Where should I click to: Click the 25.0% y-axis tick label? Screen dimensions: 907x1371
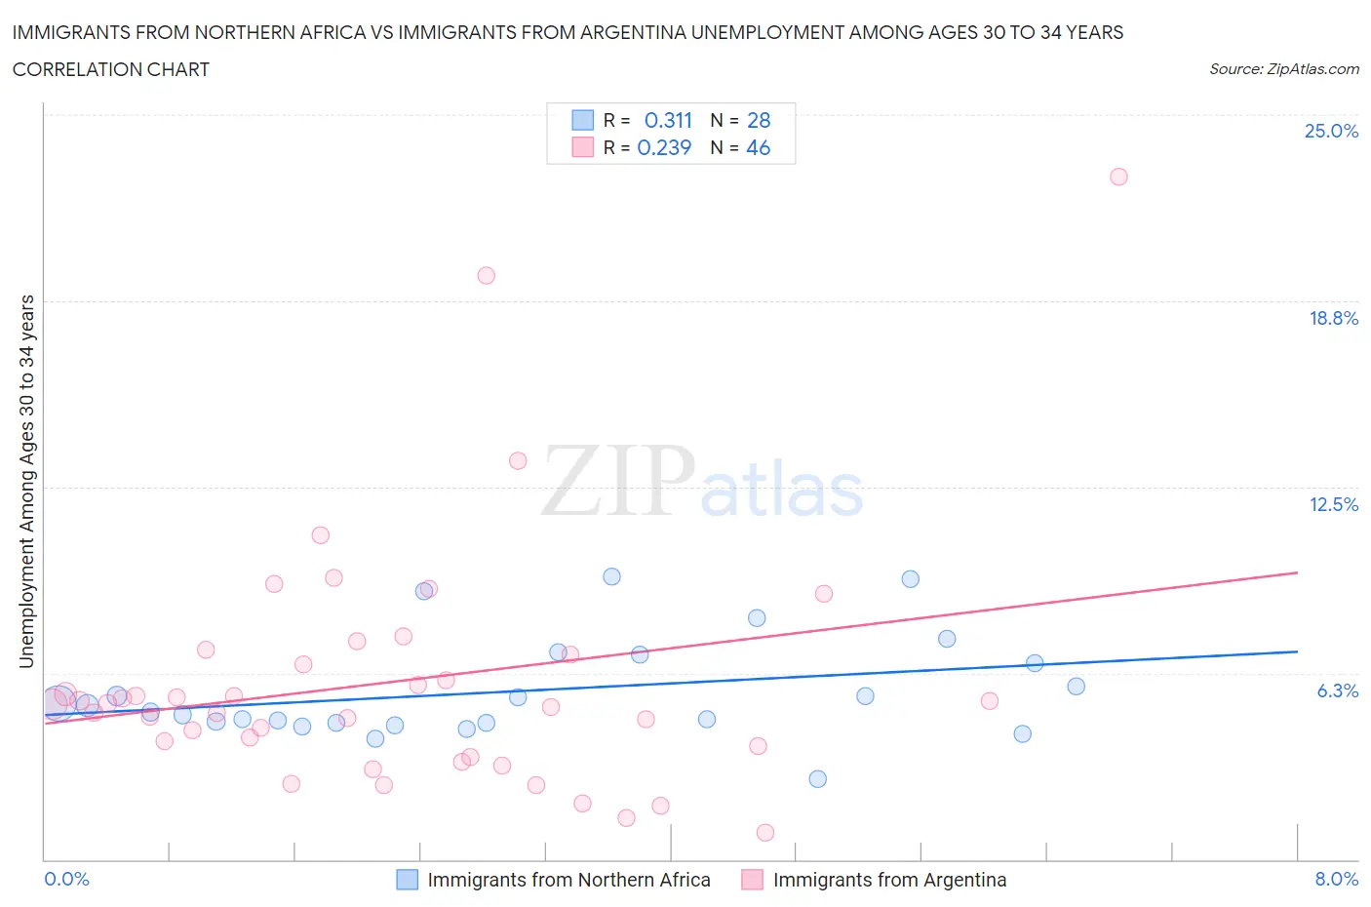point(1331,131)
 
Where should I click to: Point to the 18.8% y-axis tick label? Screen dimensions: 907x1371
point(1333,318)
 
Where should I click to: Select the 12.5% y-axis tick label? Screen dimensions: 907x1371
point(1333,504)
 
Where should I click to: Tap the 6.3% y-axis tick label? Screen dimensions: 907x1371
point(1337,690)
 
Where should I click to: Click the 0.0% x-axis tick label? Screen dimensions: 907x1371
point(67,879)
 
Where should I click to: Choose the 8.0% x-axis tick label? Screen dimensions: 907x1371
point(1336,879)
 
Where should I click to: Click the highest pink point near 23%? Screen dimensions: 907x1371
point(1118,177)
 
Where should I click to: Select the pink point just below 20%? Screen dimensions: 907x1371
point(486,275)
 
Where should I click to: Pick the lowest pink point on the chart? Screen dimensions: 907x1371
point(765,832)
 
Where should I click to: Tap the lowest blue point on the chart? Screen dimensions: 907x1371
point(817,778)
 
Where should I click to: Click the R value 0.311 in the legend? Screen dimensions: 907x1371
point(668,120)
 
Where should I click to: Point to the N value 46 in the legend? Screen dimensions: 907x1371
point(758,147)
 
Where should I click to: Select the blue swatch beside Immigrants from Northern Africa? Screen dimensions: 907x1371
point(407,880)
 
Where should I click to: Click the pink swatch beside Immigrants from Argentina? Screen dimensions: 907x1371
point(752,880)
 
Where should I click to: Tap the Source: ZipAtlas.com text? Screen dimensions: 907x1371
point(1283,68)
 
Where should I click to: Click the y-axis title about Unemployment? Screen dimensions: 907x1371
point(26,481)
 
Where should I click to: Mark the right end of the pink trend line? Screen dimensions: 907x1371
point(1297,572)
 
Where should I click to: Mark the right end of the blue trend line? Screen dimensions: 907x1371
point(1297,651)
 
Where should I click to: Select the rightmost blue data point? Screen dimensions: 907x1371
point(1076,686)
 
